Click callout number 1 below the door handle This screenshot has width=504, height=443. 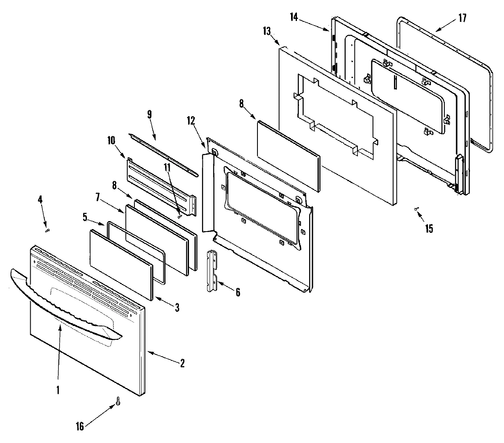[58, 390]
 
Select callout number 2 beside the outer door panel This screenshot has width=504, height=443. [182, 363]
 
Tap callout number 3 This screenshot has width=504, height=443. [177, 307]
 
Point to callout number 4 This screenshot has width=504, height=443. [40, 200]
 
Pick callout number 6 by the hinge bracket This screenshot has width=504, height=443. [238, 292]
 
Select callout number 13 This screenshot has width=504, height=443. [267, 31]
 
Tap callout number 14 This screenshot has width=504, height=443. [294, 17]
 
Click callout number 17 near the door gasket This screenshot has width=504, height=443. [462, 18]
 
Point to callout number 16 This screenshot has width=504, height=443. [79, 427]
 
